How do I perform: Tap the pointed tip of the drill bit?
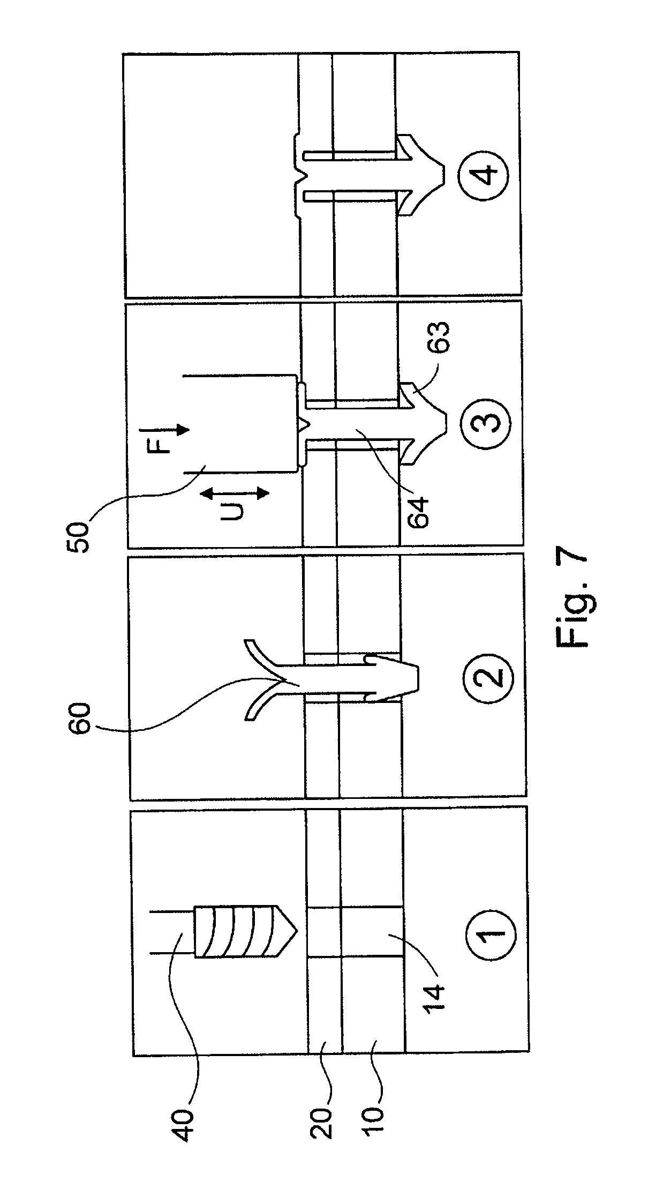(x=296, y=933)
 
